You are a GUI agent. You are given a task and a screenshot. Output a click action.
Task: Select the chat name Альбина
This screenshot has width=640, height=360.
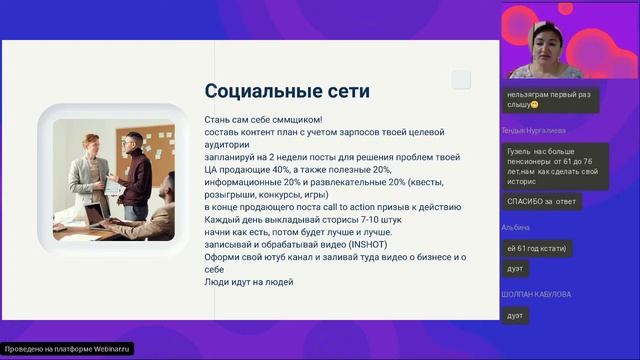click(516, 227)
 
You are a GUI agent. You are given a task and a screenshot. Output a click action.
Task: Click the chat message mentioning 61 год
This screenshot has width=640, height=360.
click(539, 247)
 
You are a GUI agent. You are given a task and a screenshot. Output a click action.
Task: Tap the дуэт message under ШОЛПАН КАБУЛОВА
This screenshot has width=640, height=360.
click(515, 315)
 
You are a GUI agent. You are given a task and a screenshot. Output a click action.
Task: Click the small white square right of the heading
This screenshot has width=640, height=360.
click(461, 80)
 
